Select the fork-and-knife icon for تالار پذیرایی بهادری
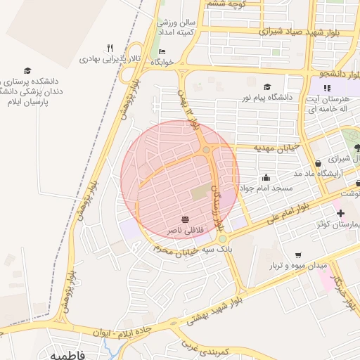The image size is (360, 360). (110, 48)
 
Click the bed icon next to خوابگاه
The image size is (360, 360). (162, 51)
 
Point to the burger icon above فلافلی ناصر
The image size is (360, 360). (185, 219)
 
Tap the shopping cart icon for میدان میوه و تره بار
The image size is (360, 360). (298, 255)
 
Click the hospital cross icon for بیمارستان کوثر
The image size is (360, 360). (340, 213)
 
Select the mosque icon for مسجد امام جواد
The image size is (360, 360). (266, 178)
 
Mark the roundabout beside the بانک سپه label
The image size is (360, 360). (222, 238)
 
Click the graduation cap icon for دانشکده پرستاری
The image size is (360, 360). (27, 70)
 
